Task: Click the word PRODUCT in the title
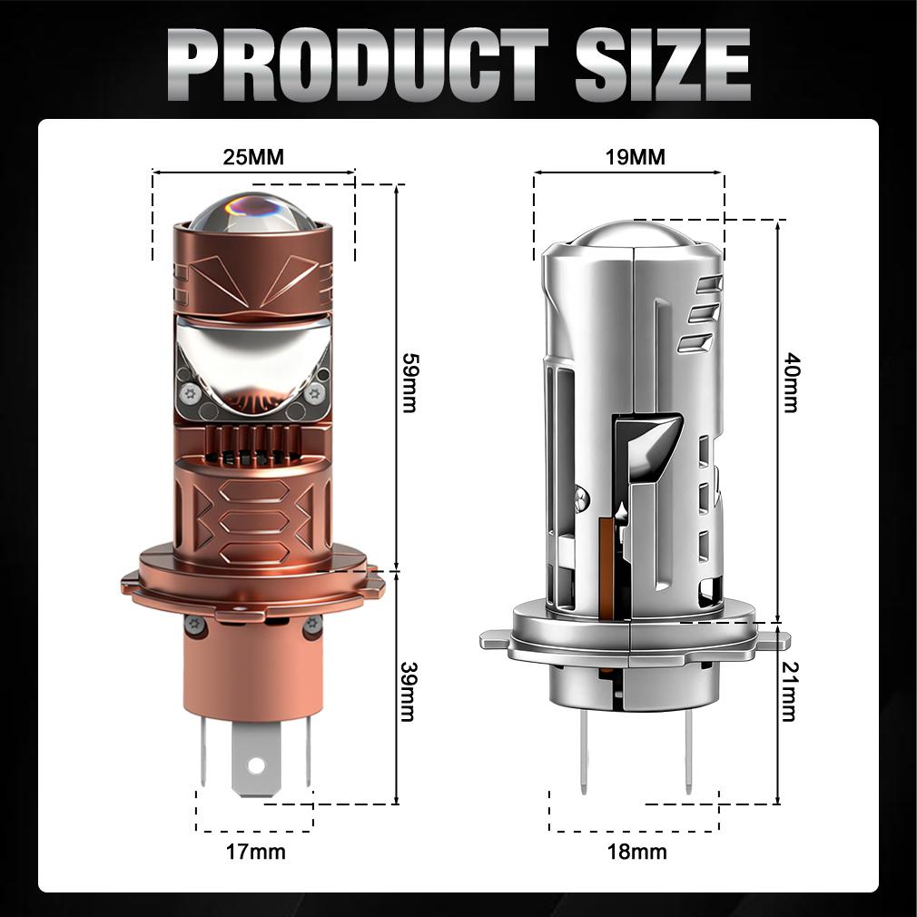tap(358, 64)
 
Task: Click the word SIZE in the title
tap(663, 64)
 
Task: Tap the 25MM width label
tap(253, 157)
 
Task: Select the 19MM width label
tap(636, 157)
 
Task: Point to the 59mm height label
tap(409, 382)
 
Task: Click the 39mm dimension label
tap(409, 691)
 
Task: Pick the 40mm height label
tap(791, 382)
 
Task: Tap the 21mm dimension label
tap(790, 691)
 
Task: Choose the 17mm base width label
tap(255, 852)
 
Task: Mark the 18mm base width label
tap(636, 852)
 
